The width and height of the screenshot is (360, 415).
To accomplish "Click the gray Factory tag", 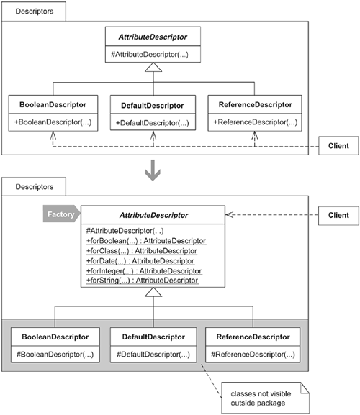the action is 61,214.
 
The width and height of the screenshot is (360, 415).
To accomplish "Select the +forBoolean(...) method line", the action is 146,241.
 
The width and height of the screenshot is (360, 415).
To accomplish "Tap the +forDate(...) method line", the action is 140,261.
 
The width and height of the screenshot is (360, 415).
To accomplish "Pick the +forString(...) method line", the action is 142,281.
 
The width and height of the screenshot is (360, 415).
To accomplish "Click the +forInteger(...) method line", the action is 144,271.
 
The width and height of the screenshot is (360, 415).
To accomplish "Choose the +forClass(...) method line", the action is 141,251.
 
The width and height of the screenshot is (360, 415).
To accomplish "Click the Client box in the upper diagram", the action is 338,145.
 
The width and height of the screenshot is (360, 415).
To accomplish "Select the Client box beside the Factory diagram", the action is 338,216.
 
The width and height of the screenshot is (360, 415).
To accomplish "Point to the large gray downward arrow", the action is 153,170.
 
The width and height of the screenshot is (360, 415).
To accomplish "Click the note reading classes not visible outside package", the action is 265,398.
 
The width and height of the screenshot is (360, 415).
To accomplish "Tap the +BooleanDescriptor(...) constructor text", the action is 53,122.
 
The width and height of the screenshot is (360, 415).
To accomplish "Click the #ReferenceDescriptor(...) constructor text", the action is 253,355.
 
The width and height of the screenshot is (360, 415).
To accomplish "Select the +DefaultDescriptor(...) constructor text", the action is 153,123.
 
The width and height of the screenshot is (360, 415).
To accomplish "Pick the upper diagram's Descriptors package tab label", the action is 35,12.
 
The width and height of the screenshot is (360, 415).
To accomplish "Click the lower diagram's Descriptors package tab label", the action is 35,187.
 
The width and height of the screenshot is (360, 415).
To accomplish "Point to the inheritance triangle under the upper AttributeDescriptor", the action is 153,67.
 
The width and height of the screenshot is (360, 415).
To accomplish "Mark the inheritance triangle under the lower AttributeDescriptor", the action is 153,292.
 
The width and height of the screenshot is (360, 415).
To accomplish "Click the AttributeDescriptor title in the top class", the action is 153,37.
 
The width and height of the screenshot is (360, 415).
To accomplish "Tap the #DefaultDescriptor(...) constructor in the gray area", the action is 153,355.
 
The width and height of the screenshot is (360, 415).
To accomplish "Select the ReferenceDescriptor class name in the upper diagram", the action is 256,105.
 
